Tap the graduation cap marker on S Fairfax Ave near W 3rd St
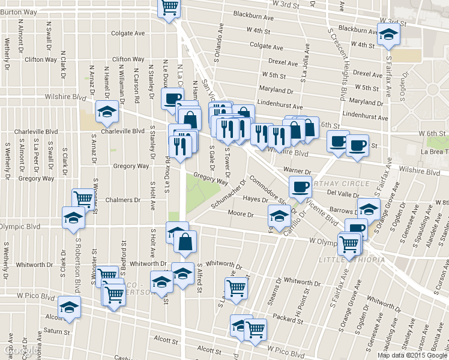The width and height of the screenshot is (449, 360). point(388,35)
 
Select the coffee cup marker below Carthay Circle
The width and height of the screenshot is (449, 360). point(300,187)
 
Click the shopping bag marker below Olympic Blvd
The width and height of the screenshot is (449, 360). point(185,242)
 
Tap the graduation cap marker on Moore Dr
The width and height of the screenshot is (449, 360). point(279,217)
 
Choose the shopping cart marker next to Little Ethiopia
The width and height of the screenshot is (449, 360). point(349,245)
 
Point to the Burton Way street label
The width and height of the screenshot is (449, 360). point(19,11)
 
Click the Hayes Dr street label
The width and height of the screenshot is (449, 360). point(255,199)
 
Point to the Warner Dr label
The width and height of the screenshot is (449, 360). point(279,172)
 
